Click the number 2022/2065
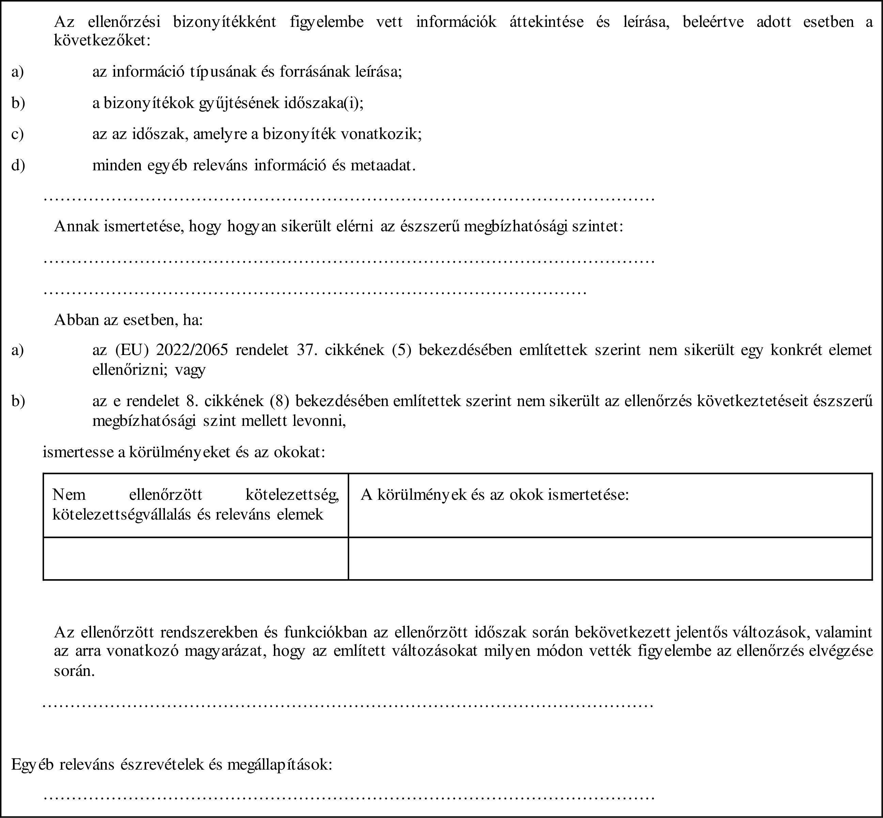tap(192, 350)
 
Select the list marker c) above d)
tap(17, 134)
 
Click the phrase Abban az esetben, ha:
tap(128, 320)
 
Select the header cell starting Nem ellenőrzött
tap(196, 505)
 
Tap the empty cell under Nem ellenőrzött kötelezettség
tap(196, 559)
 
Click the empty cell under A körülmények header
tap(610, 559)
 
